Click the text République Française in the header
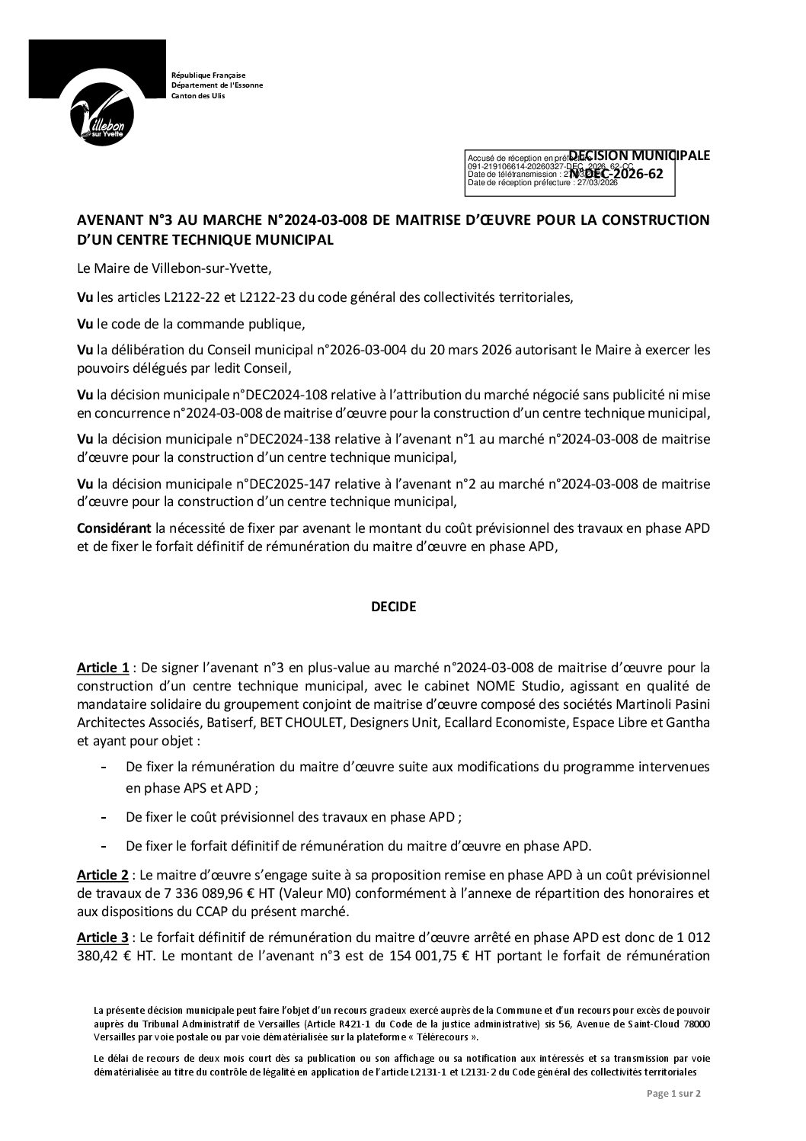[x=208, y=75]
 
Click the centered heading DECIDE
[x=393, y=607]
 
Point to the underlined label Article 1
[x=103, y=668]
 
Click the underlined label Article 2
[x=103, y=873]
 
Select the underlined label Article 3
[x=103, y=938]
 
